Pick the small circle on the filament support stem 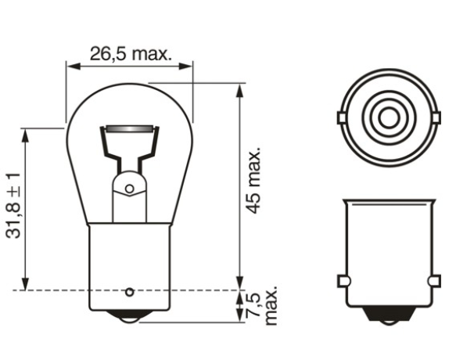click(130, 189)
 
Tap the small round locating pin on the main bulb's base click(129, 292)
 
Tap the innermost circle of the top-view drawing click(387, 119)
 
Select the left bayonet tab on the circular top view click(340, 118)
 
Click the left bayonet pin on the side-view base click(342, 280)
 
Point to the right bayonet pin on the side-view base click(433, 280)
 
